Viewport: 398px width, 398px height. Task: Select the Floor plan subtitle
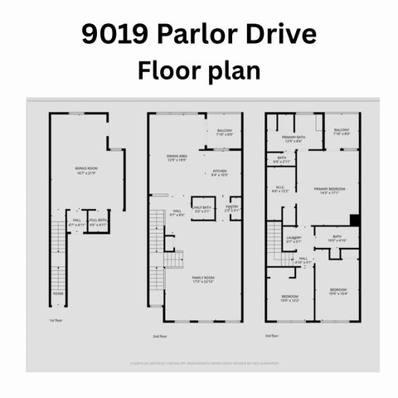[x=198, y=70]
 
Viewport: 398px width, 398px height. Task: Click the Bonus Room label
[x=85, y=170]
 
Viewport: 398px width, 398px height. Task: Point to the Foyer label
[x=58, y=293]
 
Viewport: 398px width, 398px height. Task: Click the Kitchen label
[x=219, y=173]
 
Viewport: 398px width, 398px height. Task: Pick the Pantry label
[x=232, y=209]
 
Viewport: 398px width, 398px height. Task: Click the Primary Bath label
[x=294, y=139]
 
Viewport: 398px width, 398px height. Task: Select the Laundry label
[x=294, y=240]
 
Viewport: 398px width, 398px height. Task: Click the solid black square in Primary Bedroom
[x=354, y=220]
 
